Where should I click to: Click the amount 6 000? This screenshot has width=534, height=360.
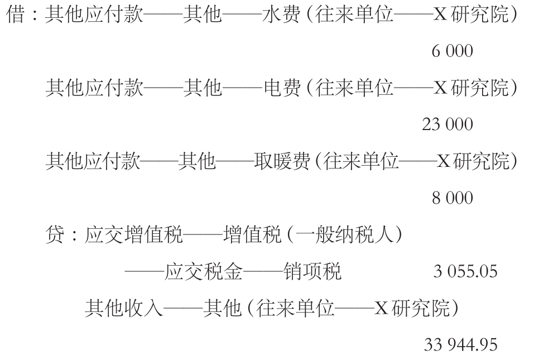453,51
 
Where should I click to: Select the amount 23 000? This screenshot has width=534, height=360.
448,124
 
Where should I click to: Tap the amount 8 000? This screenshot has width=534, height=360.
453,198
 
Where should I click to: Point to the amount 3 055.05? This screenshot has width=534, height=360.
465,271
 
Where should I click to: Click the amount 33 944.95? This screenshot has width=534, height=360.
461,345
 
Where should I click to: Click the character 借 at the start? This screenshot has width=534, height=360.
16,15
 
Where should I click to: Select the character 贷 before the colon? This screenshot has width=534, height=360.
55,235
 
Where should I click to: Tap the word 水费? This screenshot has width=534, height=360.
281,15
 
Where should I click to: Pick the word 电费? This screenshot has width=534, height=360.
282,88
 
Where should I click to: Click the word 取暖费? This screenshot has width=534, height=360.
282,161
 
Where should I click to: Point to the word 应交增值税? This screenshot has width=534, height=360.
133,235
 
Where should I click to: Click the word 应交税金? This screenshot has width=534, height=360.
203,272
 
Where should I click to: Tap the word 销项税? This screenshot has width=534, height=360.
312,272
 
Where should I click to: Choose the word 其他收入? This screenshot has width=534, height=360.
124,308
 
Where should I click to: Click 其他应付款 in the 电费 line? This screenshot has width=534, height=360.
95,88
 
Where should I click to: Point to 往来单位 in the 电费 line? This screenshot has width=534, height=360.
354,88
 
